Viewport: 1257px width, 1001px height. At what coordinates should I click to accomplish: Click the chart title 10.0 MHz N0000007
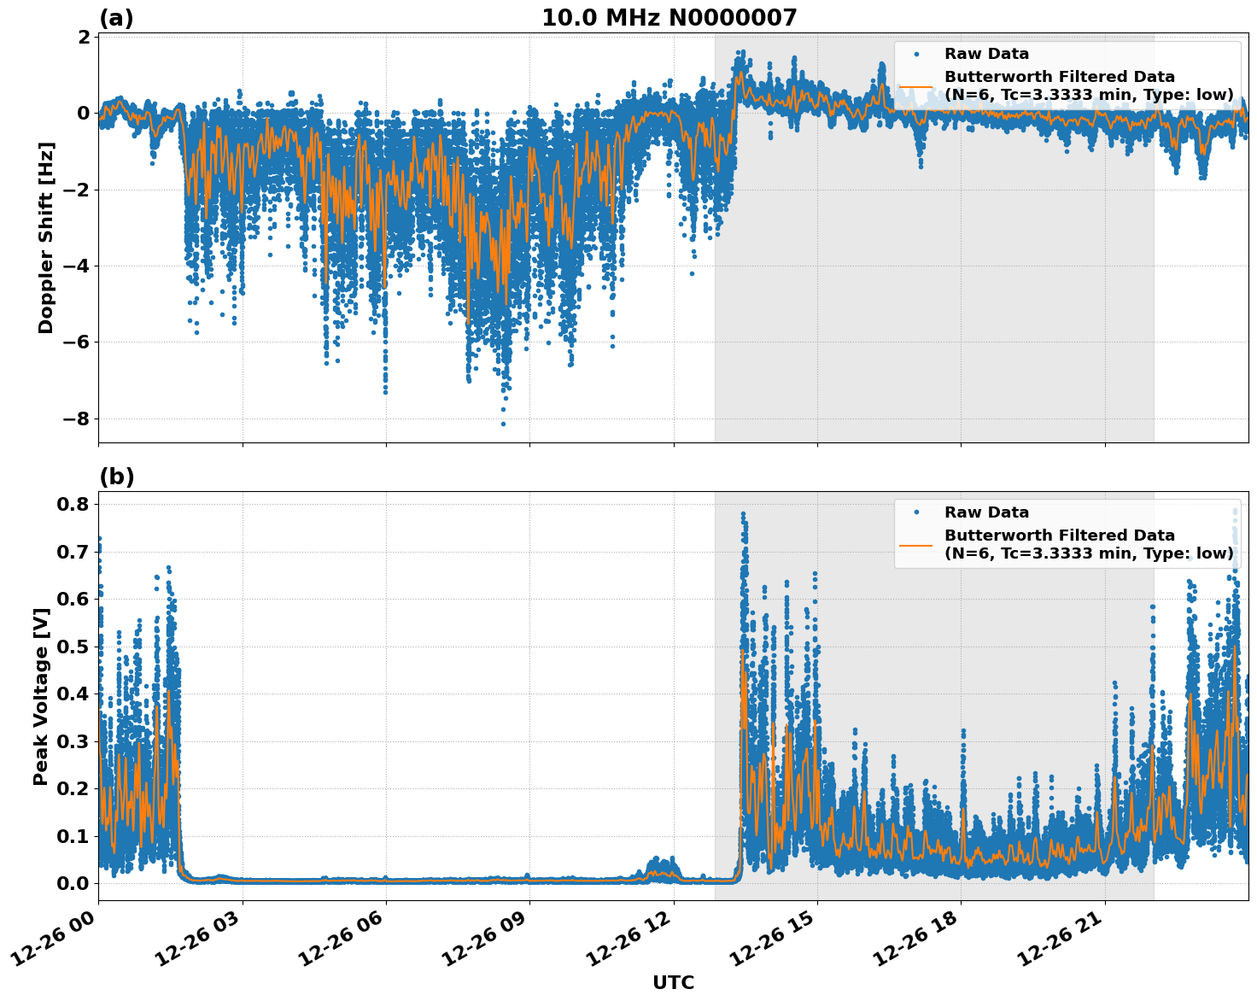[669, 18]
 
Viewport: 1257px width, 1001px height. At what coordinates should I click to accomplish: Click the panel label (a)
[116, 18]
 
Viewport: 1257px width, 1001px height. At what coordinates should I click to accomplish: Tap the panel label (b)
[116, 477]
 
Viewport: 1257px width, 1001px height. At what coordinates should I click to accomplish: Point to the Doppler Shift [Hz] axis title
[46, 237]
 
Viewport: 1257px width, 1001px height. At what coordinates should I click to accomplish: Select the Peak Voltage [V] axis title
[40, 696]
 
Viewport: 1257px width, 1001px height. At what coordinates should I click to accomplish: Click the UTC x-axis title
[673, 983]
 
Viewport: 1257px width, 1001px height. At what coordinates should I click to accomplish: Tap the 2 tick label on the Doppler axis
[84, 37]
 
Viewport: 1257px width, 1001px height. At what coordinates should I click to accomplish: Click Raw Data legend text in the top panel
[986, 54]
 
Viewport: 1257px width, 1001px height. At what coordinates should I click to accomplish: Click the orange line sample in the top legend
[915, 85]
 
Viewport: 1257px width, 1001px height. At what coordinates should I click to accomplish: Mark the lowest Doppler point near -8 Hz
[503, 424]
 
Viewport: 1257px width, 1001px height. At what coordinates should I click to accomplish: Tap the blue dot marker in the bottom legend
[916, 512]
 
